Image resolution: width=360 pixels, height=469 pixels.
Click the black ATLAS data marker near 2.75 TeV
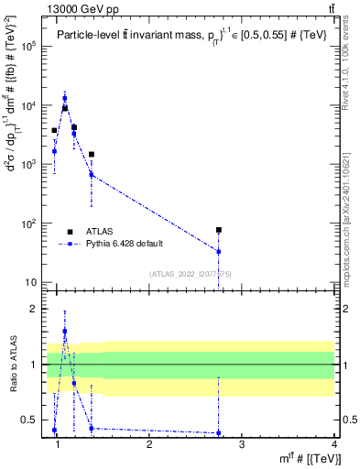click(219, 230)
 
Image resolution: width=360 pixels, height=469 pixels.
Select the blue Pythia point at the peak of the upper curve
click(64, 98)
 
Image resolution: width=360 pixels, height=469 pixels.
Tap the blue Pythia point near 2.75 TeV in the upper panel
click(219, 251)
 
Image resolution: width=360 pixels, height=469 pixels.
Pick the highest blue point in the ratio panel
click(64, 331)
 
